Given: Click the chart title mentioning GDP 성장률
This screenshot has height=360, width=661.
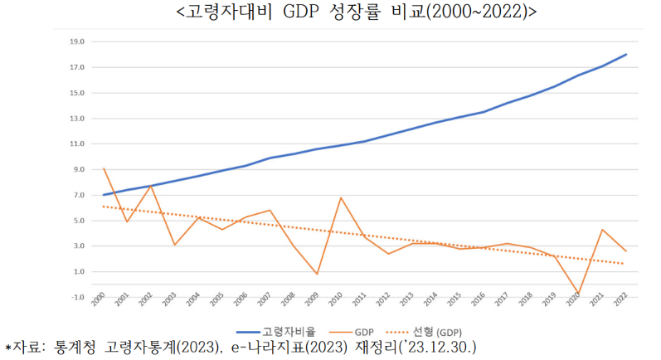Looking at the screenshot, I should pos(333,13).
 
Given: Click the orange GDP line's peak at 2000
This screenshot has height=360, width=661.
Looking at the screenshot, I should pos(104,168).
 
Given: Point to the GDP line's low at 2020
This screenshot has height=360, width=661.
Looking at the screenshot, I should pos(578,293).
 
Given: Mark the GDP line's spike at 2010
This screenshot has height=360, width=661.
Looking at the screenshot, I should pos(341,197).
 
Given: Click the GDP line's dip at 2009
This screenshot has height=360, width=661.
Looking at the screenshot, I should pos(317,274).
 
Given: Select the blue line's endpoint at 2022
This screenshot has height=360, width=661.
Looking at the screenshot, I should pos(626,54).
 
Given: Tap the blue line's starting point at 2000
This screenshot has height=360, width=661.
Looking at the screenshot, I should pos(104,195).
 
